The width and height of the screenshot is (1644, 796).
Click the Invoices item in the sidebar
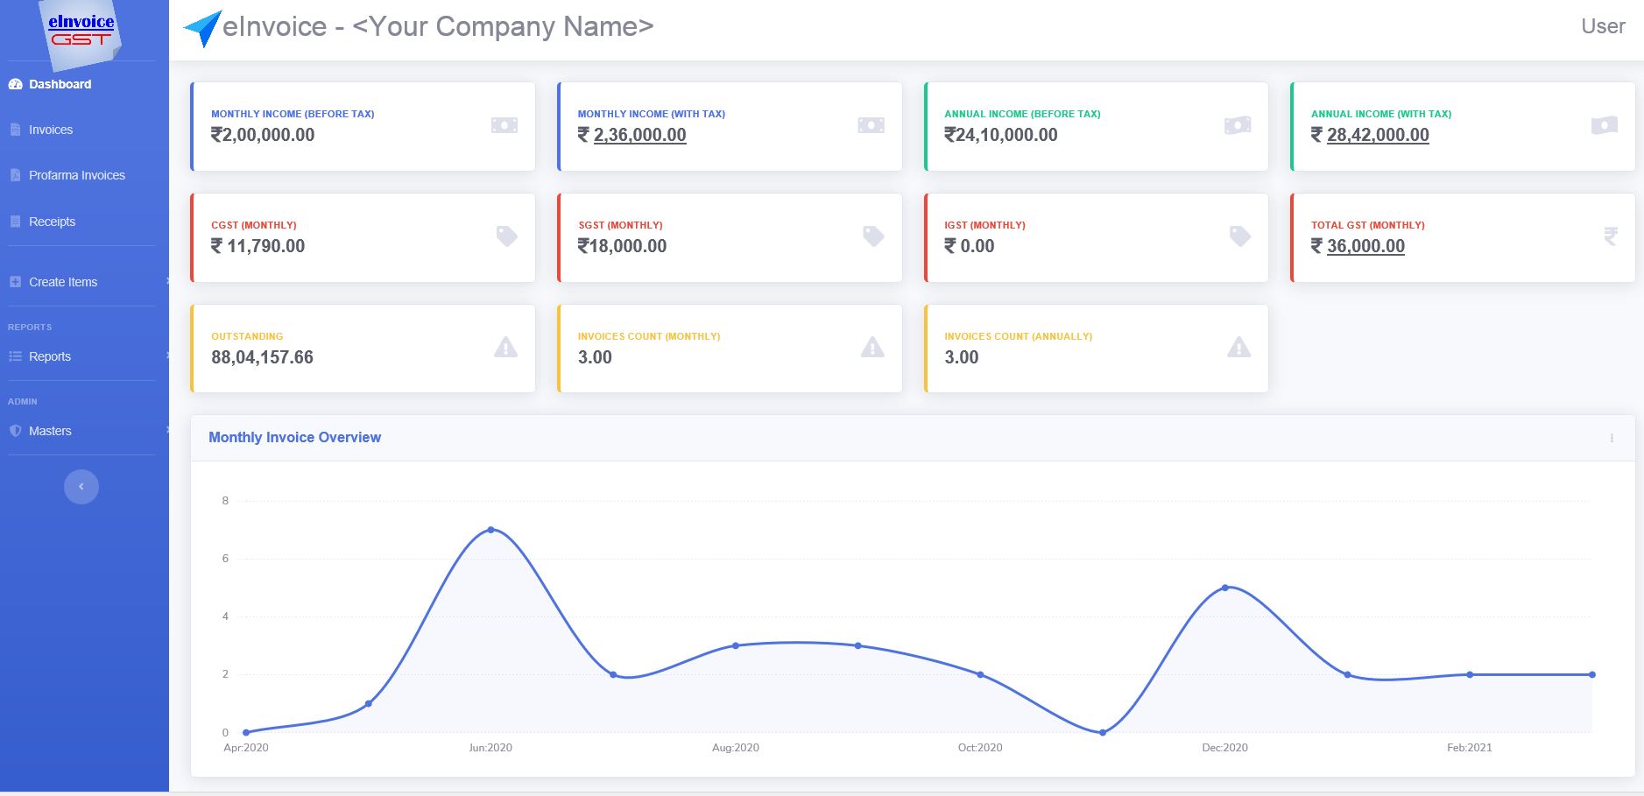point(50,130)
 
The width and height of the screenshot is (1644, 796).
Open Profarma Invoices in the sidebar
point(76,175)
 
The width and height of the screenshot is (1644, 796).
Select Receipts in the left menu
point(52,222)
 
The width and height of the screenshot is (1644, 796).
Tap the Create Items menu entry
point(62,282)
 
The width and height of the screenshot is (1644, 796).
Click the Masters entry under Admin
point(50,431)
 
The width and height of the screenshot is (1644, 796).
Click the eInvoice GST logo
point(81,31)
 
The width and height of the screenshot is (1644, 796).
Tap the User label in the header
point(1602,26)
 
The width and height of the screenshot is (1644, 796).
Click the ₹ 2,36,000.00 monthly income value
point(639,135)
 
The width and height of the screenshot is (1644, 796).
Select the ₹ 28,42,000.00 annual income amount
point(1377,135)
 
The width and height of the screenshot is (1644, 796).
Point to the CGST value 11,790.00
point(265,246)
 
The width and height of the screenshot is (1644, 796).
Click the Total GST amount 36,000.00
point(1365,246)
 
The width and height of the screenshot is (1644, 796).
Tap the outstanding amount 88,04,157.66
point(262,357)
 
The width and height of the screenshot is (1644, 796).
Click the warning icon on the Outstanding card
point(505,348)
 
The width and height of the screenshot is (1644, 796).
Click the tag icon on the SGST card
point(873,236)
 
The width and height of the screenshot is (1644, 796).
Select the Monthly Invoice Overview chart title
point(294,437)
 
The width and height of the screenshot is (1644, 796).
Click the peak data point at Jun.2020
point(490,530)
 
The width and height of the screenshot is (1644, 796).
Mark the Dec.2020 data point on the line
point(1224,588)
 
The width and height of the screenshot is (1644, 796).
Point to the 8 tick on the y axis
point(225,501)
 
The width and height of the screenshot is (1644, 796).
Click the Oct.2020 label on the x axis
point(979,748)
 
